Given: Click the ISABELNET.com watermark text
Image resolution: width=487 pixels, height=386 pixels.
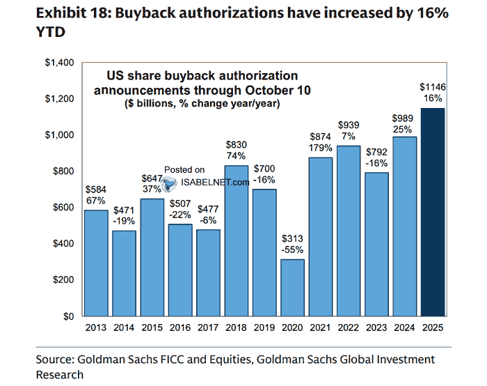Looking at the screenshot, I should (216, 183).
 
